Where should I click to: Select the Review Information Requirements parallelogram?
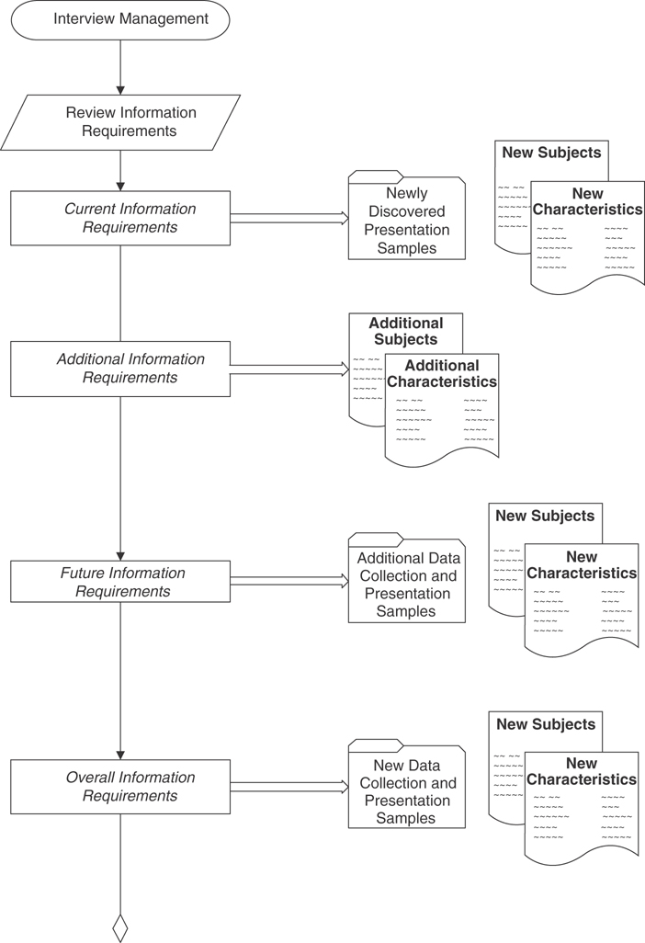tap(120, 122)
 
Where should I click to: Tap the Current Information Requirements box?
tap(120, 218)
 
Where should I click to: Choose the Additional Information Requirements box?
tap(120, 369)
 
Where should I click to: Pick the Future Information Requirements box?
tap(120, 582)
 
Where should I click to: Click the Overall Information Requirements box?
tap(120, 786)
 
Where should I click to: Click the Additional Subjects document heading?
tap(405, 332)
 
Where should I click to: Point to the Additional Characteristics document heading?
tap(442, 373)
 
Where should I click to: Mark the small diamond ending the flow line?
tap(120, 927)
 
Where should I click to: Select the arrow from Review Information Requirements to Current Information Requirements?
tap(120, 170)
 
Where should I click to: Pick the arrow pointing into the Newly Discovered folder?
tap(289, 219)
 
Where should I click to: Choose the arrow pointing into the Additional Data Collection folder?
tap(289, 582)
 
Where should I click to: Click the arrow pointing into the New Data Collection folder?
tap(289, 787)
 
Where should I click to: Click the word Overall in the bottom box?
tap(89, 778)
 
